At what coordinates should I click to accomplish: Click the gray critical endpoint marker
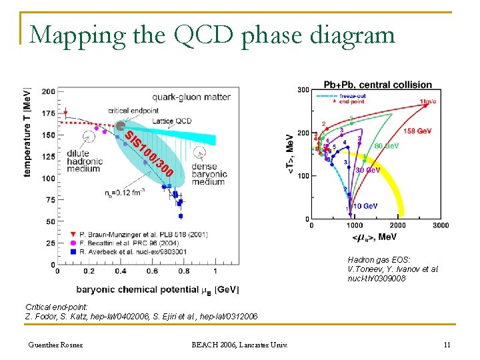click(121, 126)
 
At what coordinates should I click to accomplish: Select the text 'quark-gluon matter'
click(191, 97)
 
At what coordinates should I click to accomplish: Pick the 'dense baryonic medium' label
click(209, 174)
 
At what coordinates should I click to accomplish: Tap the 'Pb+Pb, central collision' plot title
click(377, 85)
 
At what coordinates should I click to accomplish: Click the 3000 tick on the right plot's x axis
click(440, 226)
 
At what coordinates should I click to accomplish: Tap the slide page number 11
click(447, 345)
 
